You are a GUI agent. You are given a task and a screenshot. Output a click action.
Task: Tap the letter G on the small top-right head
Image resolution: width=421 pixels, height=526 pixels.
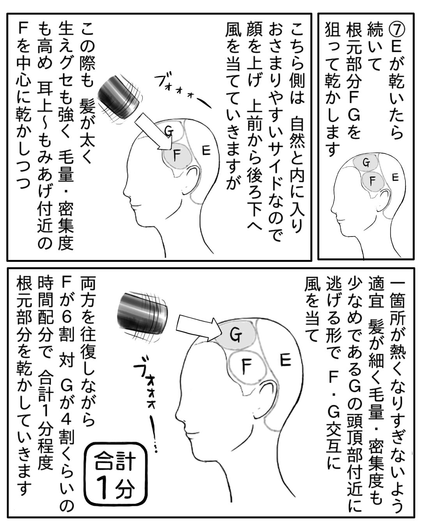pos(366,163)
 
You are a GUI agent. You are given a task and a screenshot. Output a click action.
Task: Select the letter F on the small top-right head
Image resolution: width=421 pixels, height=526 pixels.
pos(372,181)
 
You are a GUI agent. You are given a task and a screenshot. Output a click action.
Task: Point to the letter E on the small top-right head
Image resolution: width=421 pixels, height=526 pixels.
pos(394,177)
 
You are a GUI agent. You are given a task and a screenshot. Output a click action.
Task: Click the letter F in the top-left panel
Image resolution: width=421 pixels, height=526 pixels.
pos(175,156)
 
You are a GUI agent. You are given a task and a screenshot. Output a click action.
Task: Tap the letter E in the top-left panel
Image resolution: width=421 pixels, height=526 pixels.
pos(206,150)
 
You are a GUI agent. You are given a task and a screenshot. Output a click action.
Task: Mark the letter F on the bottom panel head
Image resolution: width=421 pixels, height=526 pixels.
pos(247,367)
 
